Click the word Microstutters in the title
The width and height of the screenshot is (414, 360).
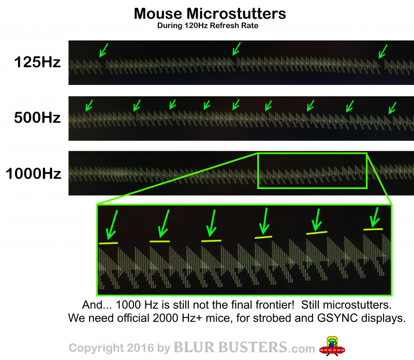pos(236,13)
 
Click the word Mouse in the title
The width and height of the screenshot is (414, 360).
pos(158,13)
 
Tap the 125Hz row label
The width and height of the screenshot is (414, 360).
pos(37,62)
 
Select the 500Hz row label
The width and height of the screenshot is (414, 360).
pos(37,118)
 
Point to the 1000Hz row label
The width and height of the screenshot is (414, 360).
pos(33,174)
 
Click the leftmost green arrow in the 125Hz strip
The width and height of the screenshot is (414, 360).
pos(103,50)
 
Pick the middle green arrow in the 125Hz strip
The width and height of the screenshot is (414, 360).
pos(236,49)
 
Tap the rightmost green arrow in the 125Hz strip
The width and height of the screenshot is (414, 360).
pos(383,51)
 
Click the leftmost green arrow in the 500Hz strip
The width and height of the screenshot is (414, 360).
pos(89,106)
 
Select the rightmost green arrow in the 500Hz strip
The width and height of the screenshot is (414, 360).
pos(392,108)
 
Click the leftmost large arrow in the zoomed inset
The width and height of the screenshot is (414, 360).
pos(111,225)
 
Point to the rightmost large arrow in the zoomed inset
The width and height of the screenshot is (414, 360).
pos(374,217)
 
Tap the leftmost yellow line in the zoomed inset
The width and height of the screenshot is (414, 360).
pos(109,243)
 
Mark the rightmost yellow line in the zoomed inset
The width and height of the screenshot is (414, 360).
pos(373,229)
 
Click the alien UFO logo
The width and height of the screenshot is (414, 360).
pos(332,346)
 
